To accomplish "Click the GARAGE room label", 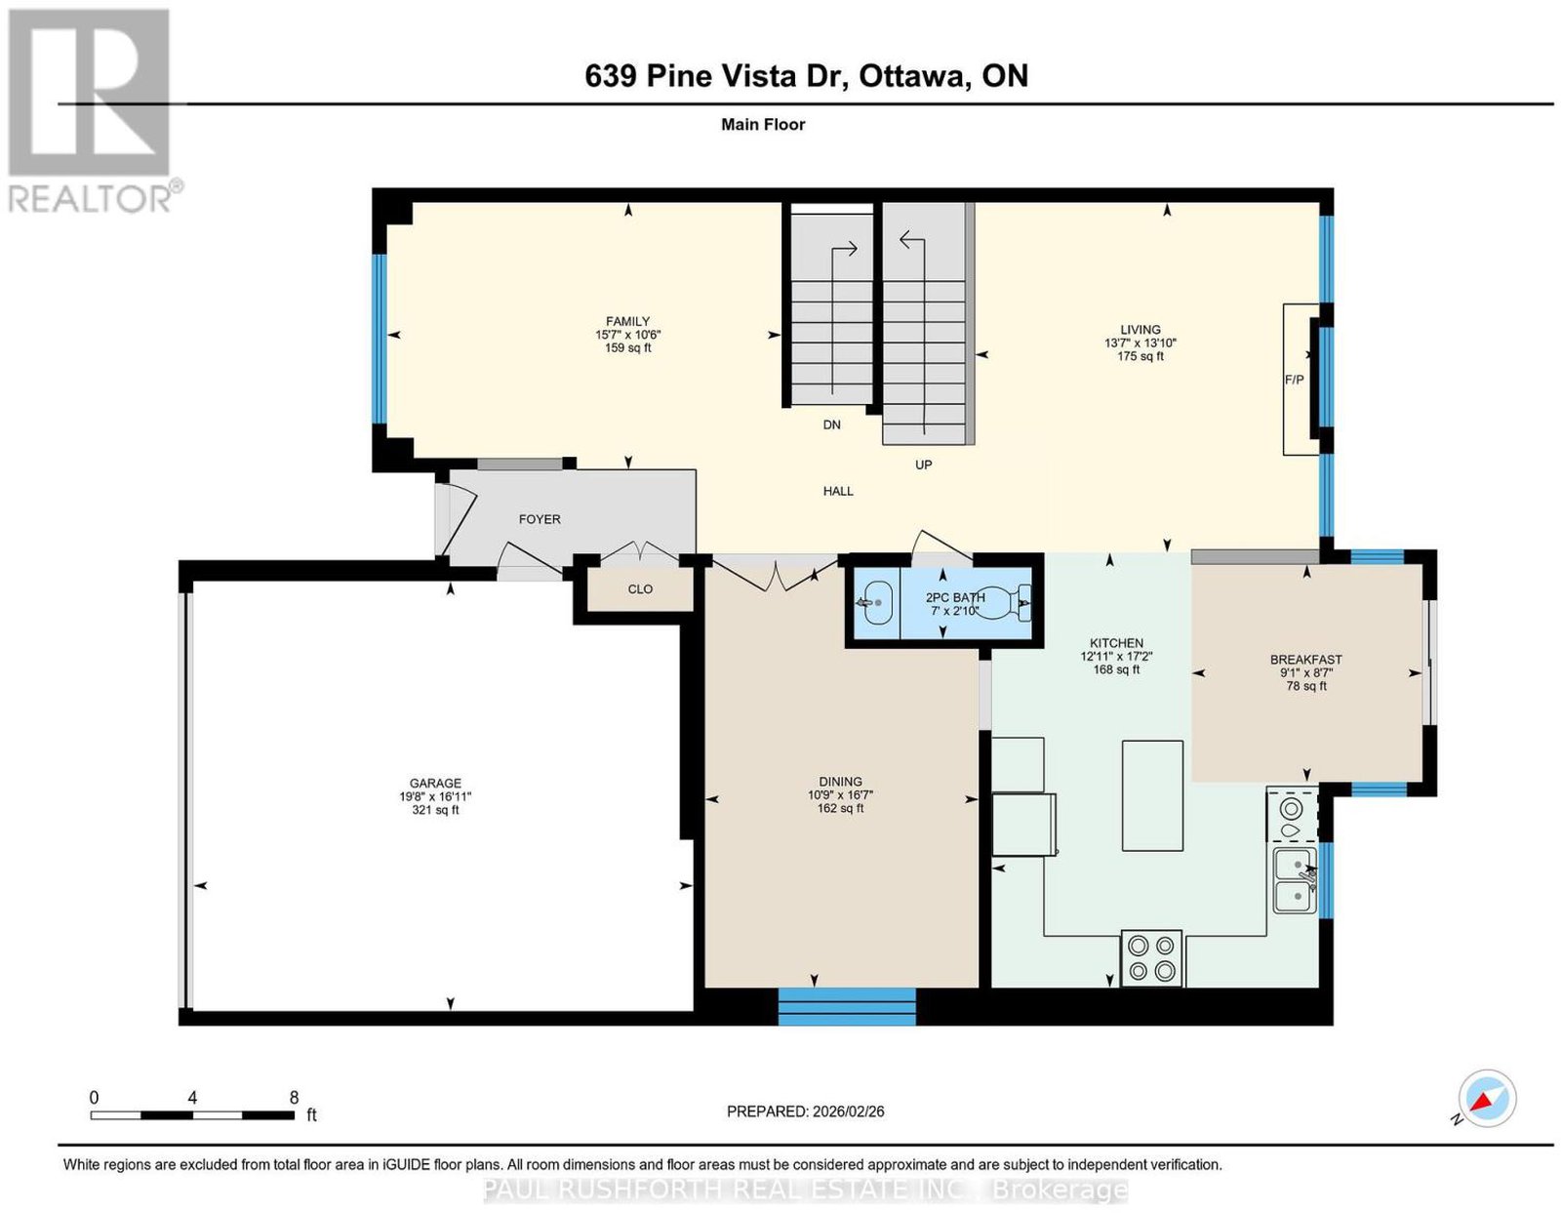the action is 434,783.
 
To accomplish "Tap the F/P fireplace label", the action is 1294,380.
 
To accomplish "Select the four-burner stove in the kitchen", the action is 1151,958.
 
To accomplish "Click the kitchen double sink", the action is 1296,880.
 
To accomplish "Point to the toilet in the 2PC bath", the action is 1005,602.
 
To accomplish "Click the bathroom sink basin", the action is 876,603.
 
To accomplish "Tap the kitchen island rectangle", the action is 1152,795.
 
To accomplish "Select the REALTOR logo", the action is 92,111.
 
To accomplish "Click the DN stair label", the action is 831,425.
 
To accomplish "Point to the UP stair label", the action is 923,465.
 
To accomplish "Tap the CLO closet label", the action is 640,588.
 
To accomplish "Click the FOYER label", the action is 540,519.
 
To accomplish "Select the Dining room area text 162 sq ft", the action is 840,808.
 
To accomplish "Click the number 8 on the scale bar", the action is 294,1098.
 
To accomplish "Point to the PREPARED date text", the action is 805,1111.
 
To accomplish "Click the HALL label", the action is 838,491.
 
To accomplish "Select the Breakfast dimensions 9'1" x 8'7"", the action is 1306,673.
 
